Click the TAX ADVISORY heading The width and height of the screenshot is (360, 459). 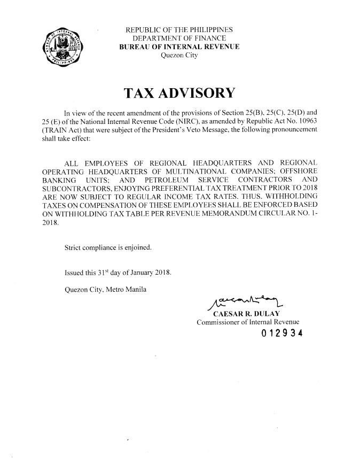tap(179, 94)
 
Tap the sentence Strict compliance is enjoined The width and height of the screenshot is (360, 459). tap(107, 247)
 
